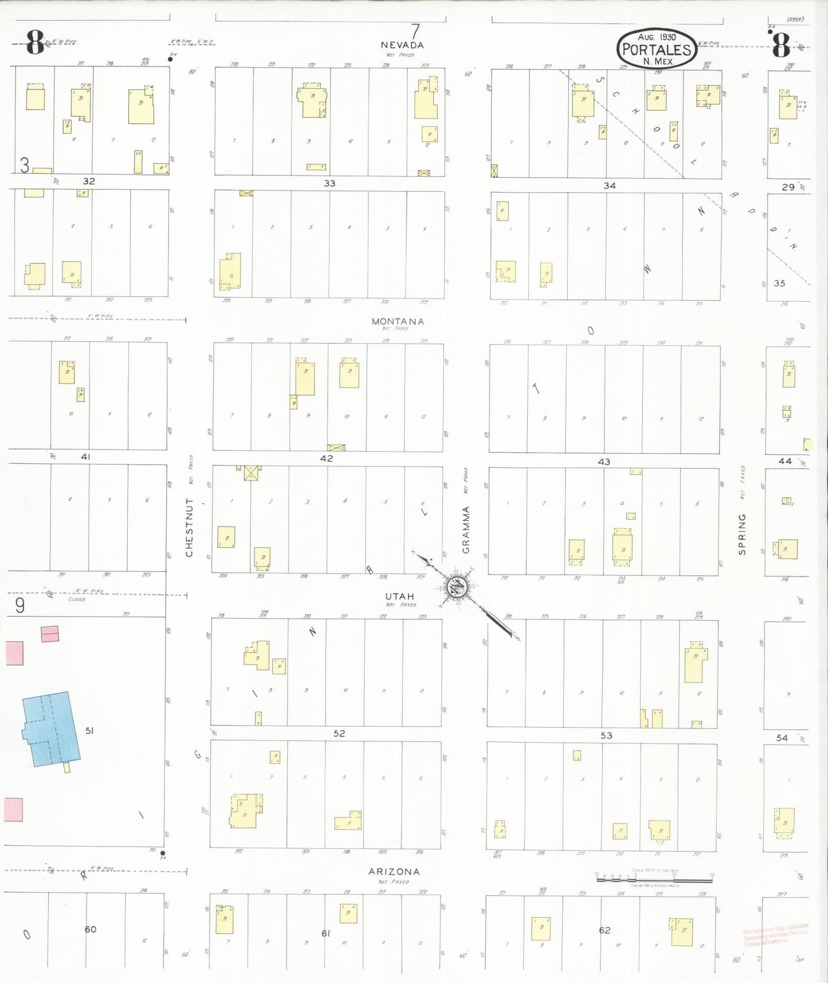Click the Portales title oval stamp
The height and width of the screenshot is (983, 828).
point(657,49)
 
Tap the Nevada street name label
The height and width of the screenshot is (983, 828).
point(402,45)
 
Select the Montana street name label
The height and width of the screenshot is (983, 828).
point(398,322)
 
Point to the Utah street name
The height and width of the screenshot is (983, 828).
point(399,596)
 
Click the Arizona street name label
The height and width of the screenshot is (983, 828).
point(394,871)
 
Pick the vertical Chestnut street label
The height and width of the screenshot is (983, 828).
point(189,528)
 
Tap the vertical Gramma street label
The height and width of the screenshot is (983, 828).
point(466,529)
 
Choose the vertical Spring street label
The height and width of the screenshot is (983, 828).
point(742,534)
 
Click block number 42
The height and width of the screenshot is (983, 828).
point(327,458)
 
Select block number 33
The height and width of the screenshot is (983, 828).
point(329,184)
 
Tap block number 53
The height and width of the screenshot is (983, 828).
point(606,735)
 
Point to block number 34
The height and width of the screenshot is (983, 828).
point(609,186)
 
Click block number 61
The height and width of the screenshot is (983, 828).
point(325,933)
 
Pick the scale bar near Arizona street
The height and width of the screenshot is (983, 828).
point(654,877)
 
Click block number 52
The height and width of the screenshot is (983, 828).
point(339,734)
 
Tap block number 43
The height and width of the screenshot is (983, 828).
point(604,462)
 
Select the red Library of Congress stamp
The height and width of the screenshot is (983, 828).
point(775,934)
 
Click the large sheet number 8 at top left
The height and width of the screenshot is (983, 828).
point(36,43)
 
